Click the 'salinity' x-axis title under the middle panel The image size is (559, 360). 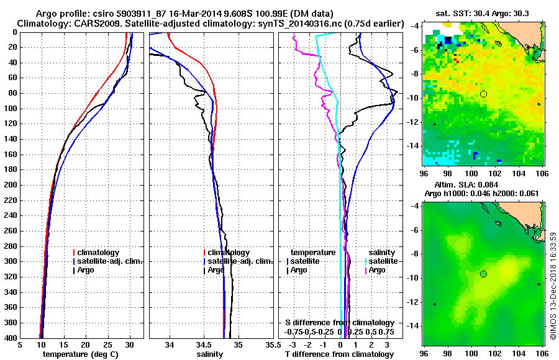(x=211, y=354)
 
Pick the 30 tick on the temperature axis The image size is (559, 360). (x=129, y=346)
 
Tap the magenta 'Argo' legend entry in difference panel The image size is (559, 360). (x=376, y=270)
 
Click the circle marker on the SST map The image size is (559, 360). (x=483, y=94)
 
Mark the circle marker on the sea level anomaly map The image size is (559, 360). (x=483, y=274)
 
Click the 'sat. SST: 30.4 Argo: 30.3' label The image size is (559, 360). (x=483, y=13)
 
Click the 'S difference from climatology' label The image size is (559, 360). (x=340, y=323)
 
